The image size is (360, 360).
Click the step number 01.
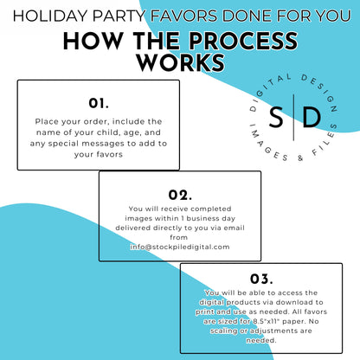click(99, 103)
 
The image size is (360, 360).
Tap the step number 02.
click(180, 195)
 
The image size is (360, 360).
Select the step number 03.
click(261, 279)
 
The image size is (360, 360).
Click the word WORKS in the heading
click(181, 62)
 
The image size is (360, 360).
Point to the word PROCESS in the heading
click(243, 41)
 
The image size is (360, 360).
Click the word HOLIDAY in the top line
click(50, 16)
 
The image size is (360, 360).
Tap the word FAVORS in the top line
click(183, 16)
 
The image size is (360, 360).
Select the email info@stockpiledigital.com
click(180, 247)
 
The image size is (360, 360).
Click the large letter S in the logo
click(276, 117)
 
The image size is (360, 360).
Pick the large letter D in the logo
click(312, 117)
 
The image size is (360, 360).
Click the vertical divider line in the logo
click(293, 117)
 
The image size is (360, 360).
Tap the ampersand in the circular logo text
click(300, 158)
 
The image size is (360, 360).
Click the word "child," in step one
click(109, 132)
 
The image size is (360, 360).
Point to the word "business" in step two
click(202, 218)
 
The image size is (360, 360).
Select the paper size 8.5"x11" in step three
click(267, 321)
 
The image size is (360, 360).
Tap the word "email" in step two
click(235, 228)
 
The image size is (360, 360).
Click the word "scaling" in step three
click(224, 331)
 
